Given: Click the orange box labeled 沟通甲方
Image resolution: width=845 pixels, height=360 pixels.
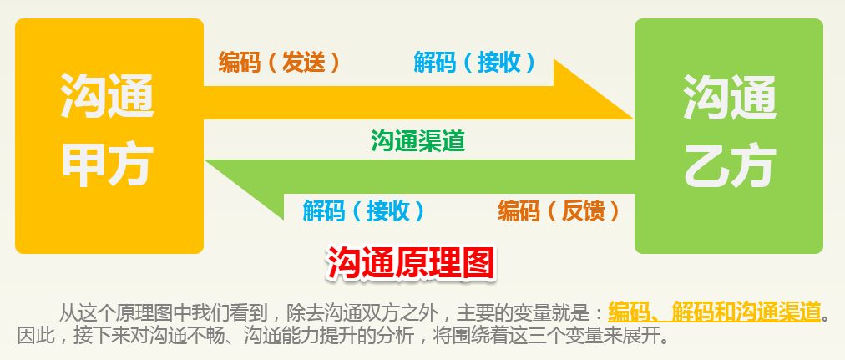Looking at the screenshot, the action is [109, 136].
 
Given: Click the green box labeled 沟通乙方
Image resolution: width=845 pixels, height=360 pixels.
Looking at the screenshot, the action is [729, 136].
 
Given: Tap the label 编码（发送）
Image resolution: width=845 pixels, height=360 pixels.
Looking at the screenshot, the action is [280, 63].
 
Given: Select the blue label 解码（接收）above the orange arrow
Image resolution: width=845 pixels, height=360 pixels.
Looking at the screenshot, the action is [475, 63].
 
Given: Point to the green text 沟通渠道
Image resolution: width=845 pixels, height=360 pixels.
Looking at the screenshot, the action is [417, 141].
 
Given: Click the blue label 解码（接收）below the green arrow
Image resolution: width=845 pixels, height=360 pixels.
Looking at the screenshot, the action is [364, 210].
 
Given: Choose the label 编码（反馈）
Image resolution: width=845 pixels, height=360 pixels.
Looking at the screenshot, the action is [559, 210].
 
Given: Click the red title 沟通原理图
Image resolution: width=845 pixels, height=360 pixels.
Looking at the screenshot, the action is [410, 263].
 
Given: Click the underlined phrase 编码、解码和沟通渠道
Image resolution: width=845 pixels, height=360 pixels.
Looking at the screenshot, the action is [715, 312].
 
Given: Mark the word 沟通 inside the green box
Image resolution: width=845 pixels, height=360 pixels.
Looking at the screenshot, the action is [730, 96].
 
